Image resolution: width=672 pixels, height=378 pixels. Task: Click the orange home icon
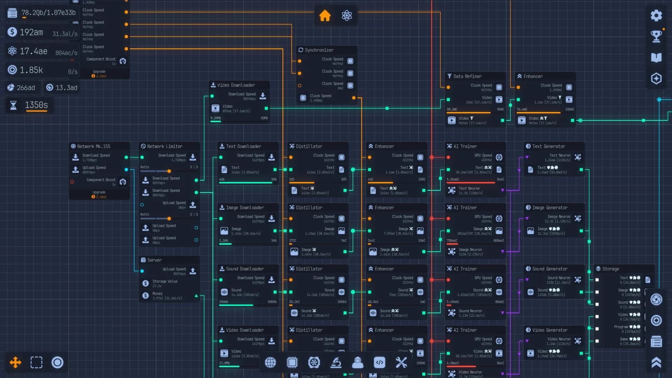pos(325,15)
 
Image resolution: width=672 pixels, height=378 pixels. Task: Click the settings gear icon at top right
pos(656,15)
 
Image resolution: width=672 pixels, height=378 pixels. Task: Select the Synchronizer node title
pos(318,50)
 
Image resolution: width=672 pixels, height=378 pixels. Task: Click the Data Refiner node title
pos(467,76)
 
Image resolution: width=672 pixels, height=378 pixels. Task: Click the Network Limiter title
pos(164,146)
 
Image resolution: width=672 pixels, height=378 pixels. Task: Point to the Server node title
pos(154,260)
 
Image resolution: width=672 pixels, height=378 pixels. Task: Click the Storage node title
pos(610,269)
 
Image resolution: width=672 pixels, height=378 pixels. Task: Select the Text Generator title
pos(548,146)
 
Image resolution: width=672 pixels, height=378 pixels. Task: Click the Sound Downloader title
pos(244,269)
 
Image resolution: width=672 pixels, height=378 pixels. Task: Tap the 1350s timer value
pos(36,105)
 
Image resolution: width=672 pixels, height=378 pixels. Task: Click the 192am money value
pos(31,32)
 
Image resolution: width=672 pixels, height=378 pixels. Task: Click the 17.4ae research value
pos(33,51)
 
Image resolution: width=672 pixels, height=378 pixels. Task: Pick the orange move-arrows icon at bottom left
pos(15,362)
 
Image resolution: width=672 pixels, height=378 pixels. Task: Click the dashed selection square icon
pos(36,362)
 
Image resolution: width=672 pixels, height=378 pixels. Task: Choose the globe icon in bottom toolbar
pos(270,363)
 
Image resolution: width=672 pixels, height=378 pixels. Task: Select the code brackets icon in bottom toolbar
pos(379,363)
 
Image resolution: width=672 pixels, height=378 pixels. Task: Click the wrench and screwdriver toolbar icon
pos(401,363)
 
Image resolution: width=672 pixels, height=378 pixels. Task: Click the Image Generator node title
pos(549,208)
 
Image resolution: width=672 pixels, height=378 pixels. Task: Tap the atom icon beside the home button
pos(346,15)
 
